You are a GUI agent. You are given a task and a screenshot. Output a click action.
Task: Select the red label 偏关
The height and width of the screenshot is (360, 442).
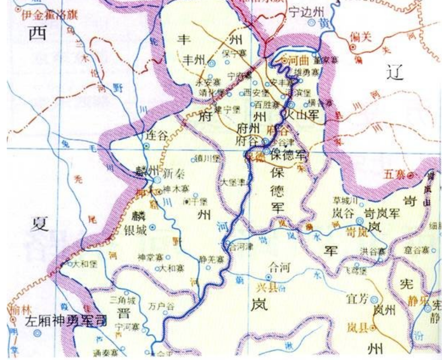(361, 36)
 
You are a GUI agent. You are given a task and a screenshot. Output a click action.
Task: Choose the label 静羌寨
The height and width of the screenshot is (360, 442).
(212, 259)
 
